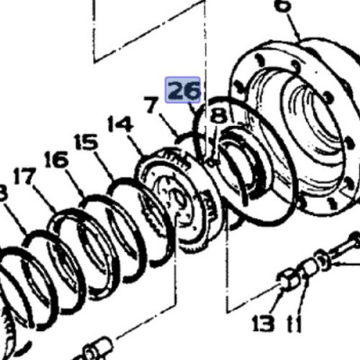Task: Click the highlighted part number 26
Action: [x=184, y=91]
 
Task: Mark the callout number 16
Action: [x=56, y=159]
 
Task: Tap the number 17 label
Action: [x=23, y=176]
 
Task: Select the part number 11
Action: [x=293, y=323]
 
